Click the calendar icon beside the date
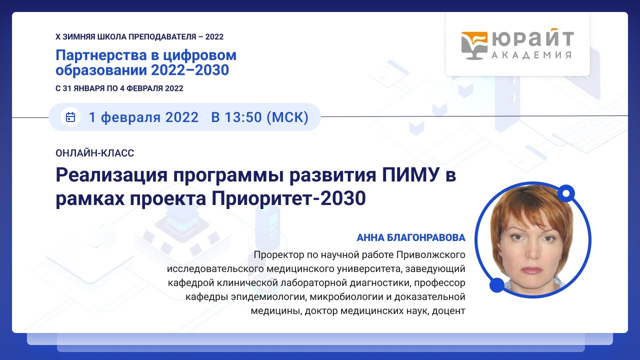70,117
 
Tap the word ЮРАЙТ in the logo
532,39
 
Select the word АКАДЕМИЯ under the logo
531,55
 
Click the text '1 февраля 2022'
143,117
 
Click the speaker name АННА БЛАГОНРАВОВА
411,237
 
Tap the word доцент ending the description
450,311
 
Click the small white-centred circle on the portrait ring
566,192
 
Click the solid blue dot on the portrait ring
496,285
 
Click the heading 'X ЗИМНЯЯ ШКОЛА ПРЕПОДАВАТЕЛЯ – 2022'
139,37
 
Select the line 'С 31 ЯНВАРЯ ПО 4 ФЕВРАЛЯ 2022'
119,88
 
